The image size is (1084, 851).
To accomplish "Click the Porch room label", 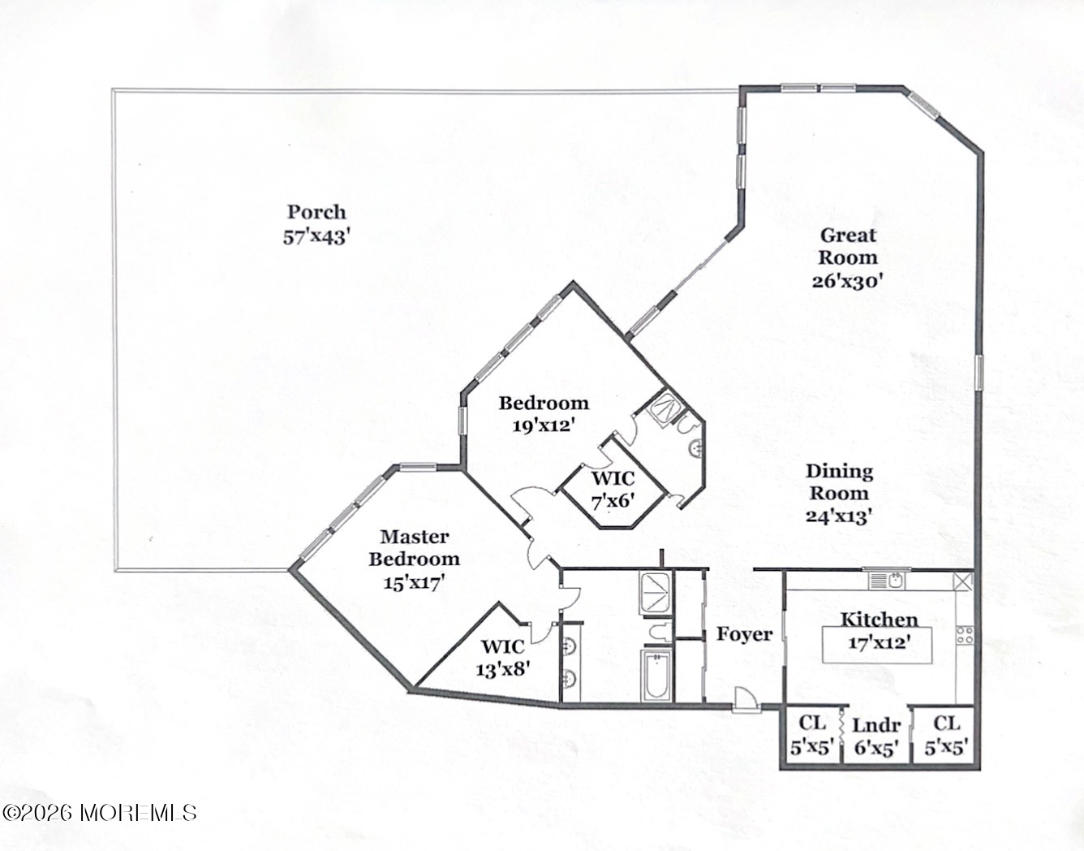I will pos(316,212).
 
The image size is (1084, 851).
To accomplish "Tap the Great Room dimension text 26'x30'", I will pos(847,280).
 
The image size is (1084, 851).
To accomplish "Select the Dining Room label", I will pos(839,482).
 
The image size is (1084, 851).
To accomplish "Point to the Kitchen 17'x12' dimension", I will pos(879,641).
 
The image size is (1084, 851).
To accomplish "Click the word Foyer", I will pos(744,633).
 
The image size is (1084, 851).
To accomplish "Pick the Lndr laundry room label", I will pos(876,724).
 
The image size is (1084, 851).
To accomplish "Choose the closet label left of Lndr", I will pos(812,723).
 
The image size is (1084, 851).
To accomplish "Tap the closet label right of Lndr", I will pos(946,723).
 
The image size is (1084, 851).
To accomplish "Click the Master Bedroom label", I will pos(414,547).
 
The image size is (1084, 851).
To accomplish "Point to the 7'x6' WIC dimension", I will pos(612,501).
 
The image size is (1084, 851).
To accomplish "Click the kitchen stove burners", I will pos(965,634).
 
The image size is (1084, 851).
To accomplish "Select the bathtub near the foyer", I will pos(656,674).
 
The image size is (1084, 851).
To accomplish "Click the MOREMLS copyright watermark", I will pos(100,811).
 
